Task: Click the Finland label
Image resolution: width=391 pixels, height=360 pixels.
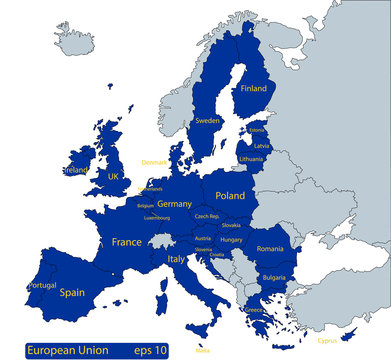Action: pyautogui.click(x=254, y=88)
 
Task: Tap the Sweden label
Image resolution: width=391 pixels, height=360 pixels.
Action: pyautogui.click(x=207, y=120)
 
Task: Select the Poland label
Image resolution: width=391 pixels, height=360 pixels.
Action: pyautogui.click(x=230, y=196)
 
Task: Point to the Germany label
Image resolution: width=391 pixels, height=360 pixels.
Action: pyautogui.click(x=174, y=203)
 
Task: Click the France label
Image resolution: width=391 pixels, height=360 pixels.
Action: pyautogui.click(x=126, y=242)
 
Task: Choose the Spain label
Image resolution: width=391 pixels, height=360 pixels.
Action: pyautogui.click(x=72, y=293)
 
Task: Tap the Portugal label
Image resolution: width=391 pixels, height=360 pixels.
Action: pyautogui.click(x=43, y=285)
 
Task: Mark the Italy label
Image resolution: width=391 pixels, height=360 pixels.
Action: pyautogui.click(x=175, y=258)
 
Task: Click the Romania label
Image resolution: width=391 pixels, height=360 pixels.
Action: pyautogui.click(x=270, y=247)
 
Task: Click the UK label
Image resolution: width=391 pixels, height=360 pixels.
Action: pyautogui.click(x=113, y=176)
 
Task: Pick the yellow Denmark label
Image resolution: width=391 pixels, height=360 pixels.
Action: pyautogui.click(x=155, y=161)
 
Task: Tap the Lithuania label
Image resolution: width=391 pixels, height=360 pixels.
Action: pyautogui.click(x=251, y=159)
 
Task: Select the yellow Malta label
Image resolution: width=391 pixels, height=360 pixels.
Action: pyautogui.click(x=203, y=351)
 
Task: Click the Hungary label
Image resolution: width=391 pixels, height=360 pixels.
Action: pyautogui.click(x=232, y=240)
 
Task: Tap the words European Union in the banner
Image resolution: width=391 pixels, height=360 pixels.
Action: pyautogui.click(x=61, y=350)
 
